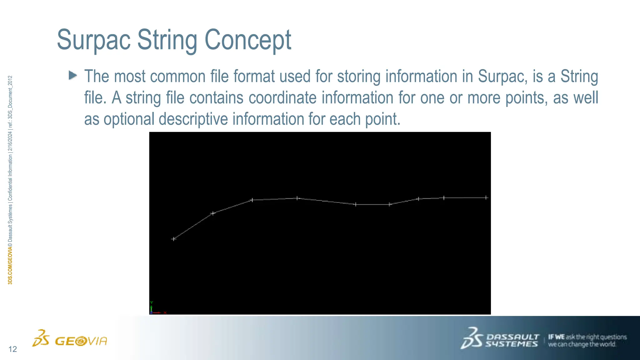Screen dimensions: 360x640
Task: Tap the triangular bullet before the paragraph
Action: click(73, 75)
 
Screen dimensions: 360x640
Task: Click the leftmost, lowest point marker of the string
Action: click(174, 239)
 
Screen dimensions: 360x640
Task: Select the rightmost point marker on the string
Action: click(486, 197)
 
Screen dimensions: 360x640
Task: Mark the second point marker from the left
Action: click(213, 213)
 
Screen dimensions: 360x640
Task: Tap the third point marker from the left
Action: click(252, 200)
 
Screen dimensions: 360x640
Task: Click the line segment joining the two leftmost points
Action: click(193, 226)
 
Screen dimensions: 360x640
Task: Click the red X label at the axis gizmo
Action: click(165, 312)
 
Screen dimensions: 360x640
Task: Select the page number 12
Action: click(12, 349)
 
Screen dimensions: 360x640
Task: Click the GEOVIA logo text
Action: click(81, 341)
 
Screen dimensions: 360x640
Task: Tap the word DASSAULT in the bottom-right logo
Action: click(512, 337)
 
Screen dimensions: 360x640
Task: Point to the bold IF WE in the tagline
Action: click(556, 337)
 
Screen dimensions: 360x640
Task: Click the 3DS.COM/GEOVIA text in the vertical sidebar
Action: click(10, 265)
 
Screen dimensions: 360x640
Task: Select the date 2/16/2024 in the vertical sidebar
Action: click(10, 142)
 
